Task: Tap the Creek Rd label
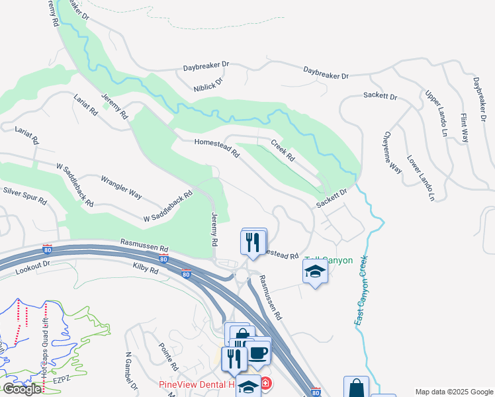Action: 282,152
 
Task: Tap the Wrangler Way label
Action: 121,186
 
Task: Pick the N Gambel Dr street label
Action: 129,371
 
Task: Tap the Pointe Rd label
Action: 169,356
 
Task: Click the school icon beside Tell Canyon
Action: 315,271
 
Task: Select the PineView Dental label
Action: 197,384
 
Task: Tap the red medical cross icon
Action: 265,383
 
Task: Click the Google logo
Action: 22,388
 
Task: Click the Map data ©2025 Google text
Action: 453,392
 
